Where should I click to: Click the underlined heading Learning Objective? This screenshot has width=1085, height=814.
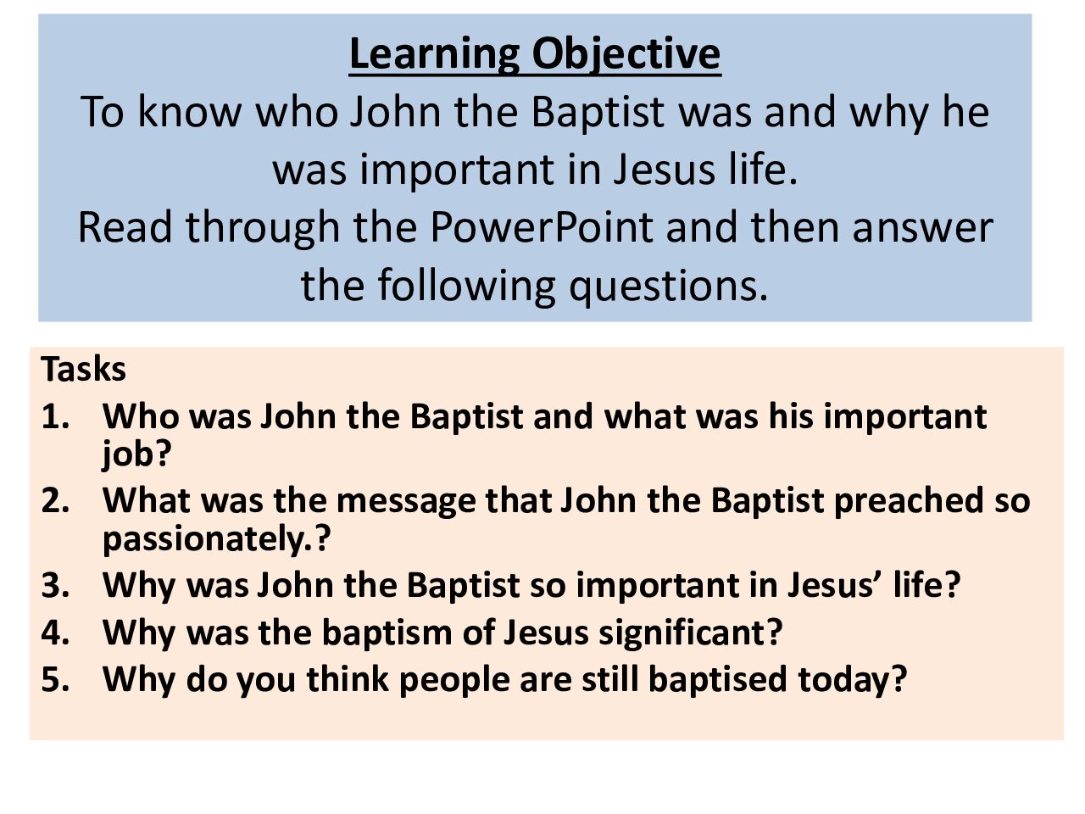point(535,55)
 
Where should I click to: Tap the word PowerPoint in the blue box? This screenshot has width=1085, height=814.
point(542,227)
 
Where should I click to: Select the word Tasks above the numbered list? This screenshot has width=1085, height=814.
point(84,369)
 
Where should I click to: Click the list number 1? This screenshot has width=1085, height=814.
point(55,416)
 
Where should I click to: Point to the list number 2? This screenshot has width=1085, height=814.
point(55,500)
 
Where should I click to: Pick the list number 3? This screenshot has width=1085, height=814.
point(55,585)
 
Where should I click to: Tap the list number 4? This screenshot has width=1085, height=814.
point(55,633)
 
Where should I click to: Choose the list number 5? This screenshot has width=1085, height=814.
point(55,679)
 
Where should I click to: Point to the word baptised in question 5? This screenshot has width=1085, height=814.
point(717,679)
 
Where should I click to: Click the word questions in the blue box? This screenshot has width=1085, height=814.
point(668,287)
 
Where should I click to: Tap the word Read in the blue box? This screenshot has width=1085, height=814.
point(125,227)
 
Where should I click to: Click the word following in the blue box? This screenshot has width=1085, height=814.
point(466,287)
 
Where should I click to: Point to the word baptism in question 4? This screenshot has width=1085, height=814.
point(387,633)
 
